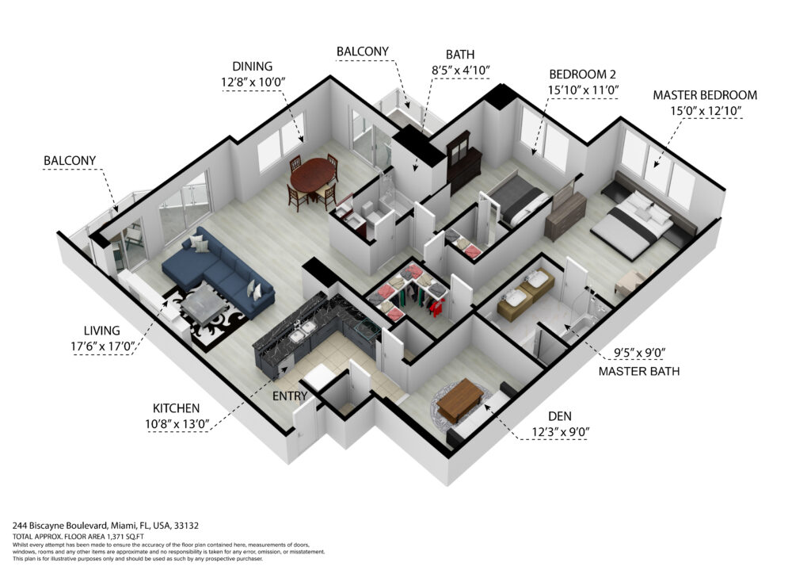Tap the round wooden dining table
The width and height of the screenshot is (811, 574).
pyautogui.click(x=312, y=176)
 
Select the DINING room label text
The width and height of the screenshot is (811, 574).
pyautogui.click(x=253, y=67)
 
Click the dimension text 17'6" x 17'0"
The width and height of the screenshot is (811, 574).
pyautogui.click(x=103, y=346)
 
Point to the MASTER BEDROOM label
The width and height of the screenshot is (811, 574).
pyautogui.click(x=705, y=95)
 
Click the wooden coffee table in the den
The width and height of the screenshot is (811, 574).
pyautogui.click(x=460, y=399)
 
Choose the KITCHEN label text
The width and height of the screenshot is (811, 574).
pyautogui.click(x=176, y=408)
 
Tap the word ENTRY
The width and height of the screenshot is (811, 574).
pyautogui.click(x=290, y=396)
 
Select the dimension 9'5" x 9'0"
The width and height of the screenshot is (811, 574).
pyautogui.click(x=639, y=353)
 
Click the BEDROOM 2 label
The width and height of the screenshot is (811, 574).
pyautogui.click(x=582, y=74)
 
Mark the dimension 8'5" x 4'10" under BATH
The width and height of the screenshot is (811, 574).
pyautogui.click(x=460, y=71)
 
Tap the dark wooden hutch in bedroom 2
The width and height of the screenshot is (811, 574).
pyautogui.click(x=464, y=160)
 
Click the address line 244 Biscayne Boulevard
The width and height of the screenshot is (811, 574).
pyautogui.click(x=105, y=526)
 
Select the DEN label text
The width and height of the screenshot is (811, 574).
pyautogui.click(x=560, y=416)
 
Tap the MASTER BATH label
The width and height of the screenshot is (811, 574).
pyautogui.click(x=639, y=371)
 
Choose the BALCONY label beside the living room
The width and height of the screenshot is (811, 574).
pyautogui.click(x=70, y=160)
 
